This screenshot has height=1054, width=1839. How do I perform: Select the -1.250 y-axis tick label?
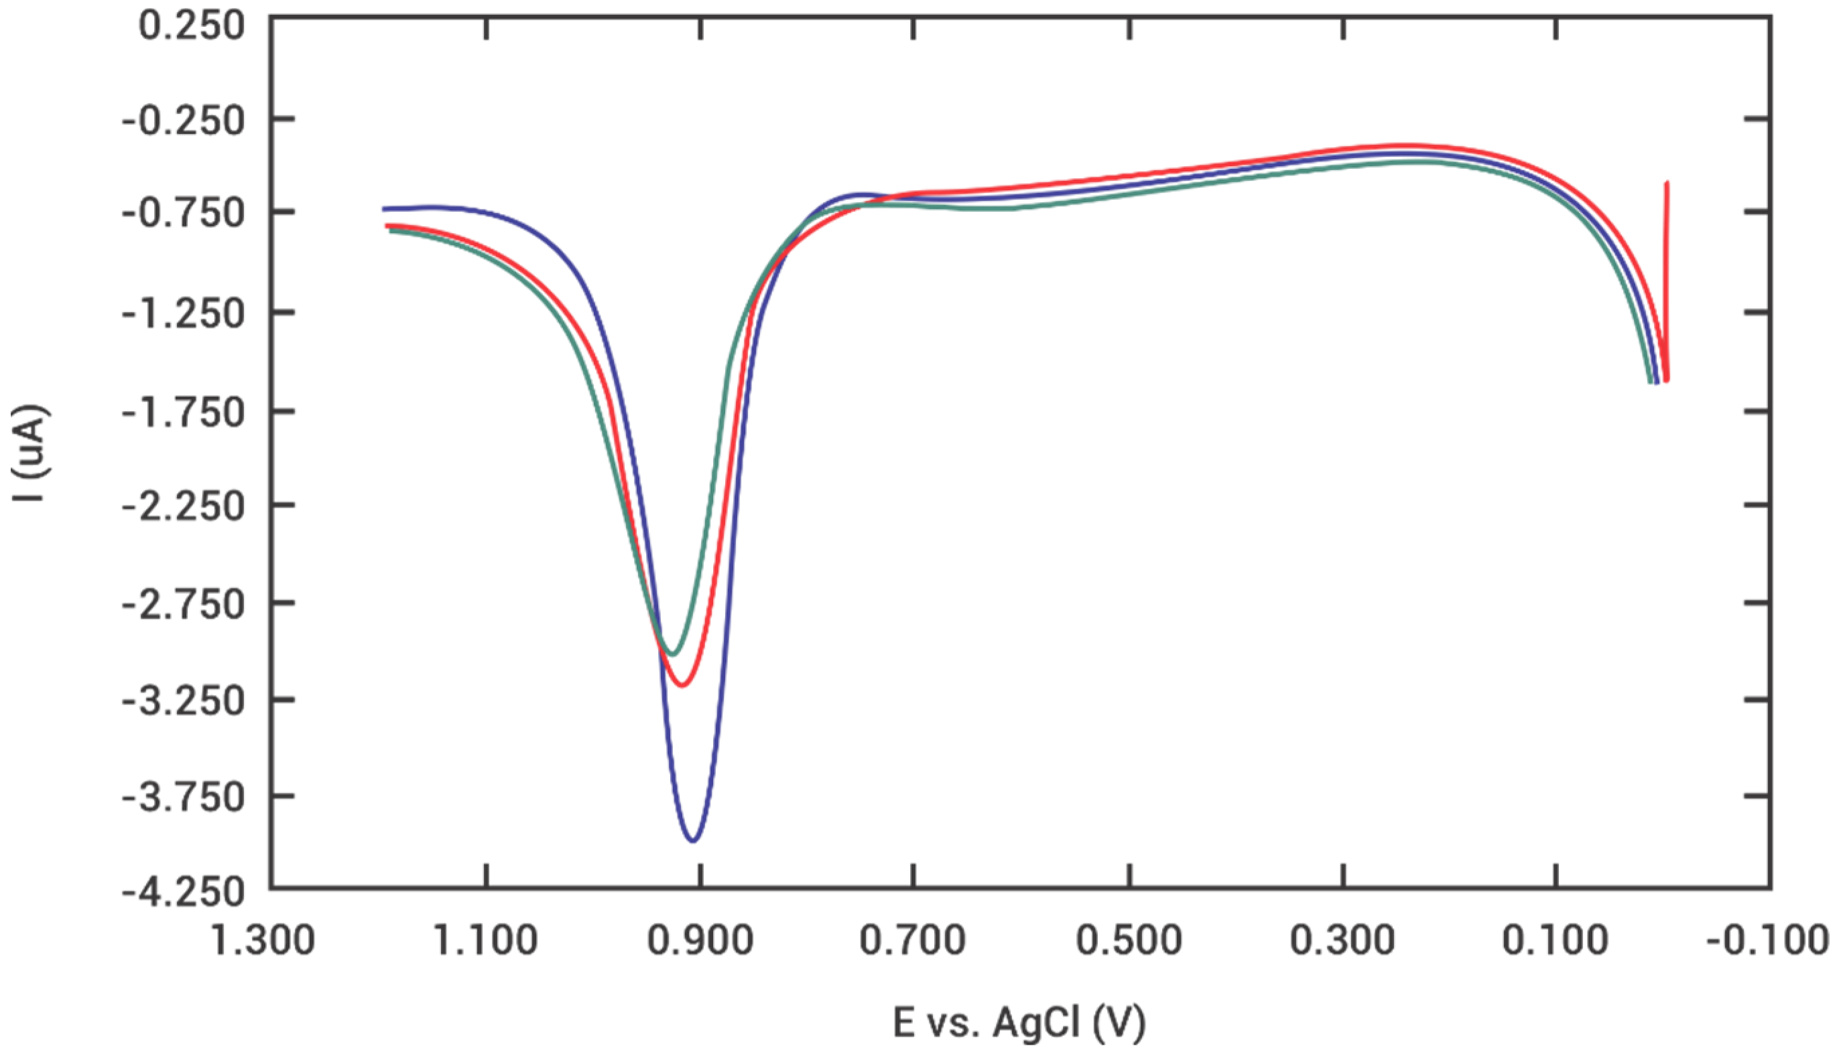coord(182,315)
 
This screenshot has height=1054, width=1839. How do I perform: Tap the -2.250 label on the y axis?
coord(182,507)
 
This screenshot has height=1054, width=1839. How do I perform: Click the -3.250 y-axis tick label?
coord(182,702)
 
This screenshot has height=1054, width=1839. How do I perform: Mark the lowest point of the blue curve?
coord(693,841)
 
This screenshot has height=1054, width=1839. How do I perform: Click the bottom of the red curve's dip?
coord(681,685)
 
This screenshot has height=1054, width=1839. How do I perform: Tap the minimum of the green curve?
coord(673,654)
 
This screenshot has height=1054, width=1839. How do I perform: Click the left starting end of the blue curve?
coord(384,208)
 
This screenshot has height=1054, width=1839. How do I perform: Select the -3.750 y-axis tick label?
coord(182,798)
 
